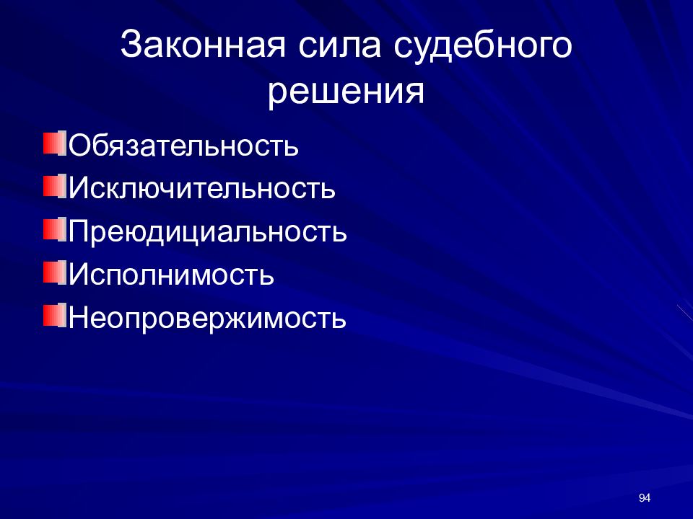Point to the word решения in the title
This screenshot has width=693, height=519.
tap(346, 92)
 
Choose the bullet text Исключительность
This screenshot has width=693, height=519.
tap(202, 188)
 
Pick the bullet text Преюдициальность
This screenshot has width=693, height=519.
tap(208, 231)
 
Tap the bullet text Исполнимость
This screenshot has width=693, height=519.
tap(171, 275)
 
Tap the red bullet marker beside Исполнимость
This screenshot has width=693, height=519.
tap(53, 272)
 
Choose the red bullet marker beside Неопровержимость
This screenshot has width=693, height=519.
tap(53, 315)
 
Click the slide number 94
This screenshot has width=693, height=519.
tap(645, 499)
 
